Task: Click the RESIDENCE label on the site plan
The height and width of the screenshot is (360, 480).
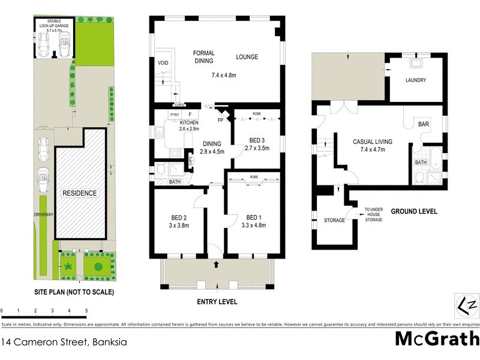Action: coord(80,193)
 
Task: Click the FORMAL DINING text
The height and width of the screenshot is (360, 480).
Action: coord(204,57)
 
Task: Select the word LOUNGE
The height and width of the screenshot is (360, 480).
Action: coord(247,57)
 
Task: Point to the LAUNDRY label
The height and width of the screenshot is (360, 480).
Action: coord(415,80)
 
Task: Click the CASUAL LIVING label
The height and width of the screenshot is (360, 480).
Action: coord(373,142)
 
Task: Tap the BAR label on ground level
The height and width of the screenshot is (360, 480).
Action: coord(423,124)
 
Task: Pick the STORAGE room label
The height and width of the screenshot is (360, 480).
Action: coord(334,220)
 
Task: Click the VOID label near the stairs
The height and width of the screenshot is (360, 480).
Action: coord(163,63)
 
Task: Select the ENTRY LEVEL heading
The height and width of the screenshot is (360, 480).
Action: coord(217,301)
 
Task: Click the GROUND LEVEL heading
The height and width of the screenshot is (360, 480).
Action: coord(414,212)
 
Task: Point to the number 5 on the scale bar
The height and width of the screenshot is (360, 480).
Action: coord(87,311)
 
